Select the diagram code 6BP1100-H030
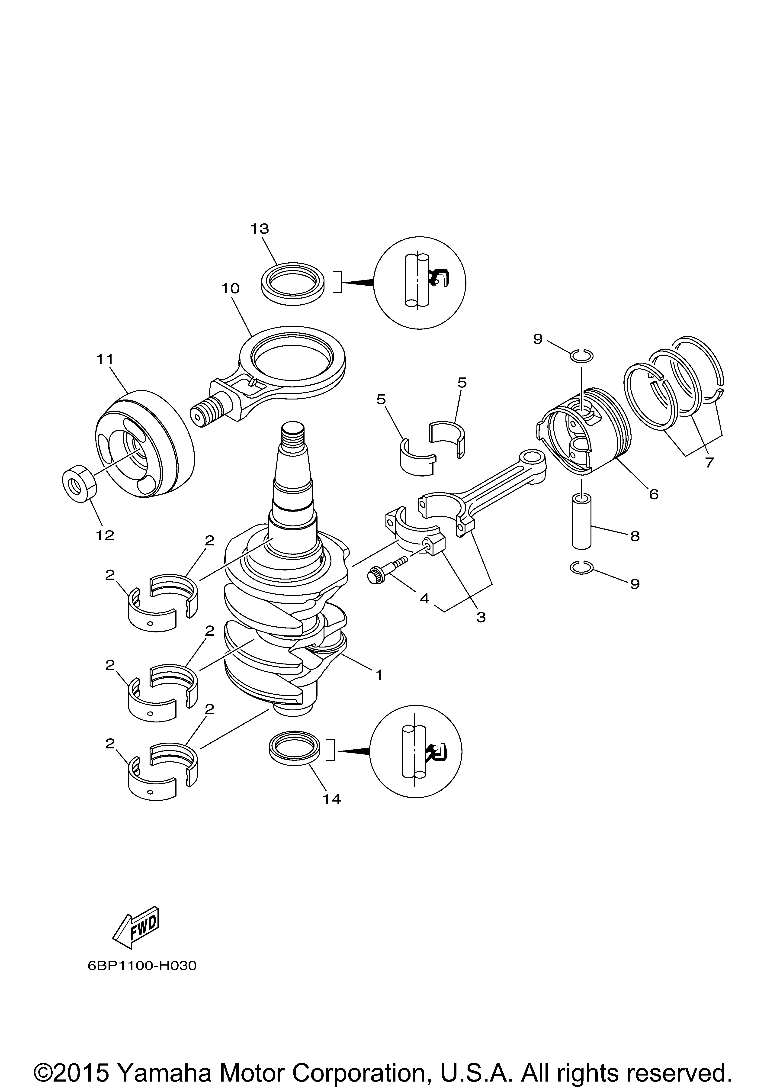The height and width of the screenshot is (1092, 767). pos(142,966)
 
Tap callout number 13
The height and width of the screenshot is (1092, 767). pos(260,229)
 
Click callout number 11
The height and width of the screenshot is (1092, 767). pos(105,359)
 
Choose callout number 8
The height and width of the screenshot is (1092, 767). pos(635,536)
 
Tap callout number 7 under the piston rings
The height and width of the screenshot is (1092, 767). pos(709,462)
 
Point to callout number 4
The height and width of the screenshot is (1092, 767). pos(424,598)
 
